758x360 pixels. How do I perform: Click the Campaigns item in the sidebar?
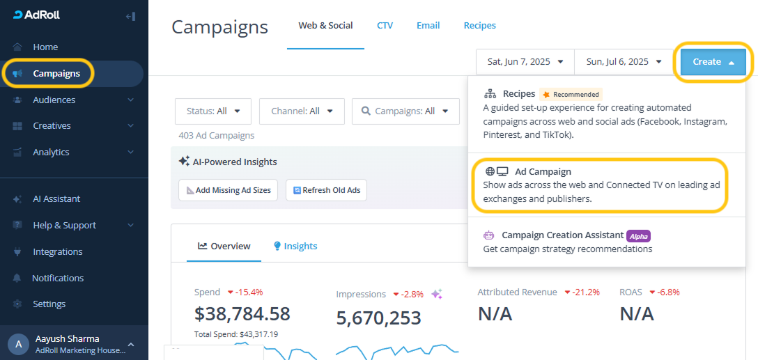click(x=56, y=74)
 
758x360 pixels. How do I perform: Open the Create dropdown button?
click(x=713, y=62)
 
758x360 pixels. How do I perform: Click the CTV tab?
click(x=385, y=26)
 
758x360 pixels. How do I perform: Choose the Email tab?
click(x=428, y=26)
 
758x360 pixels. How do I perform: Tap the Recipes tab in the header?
click(x=479, y=26)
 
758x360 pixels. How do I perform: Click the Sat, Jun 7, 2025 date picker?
click(x=525, y=62)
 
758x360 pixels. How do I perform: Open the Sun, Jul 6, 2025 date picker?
click(x=624, y=62)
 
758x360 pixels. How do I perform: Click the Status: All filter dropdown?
click(x=213, y=111)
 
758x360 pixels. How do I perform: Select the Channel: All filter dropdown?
click(x=302, y=111)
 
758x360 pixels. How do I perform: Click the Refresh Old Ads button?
click(x=326, y=190)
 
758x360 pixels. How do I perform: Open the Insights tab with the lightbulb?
click(x=295, y=246)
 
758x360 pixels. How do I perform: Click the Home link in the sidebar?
click(x=45, y=47)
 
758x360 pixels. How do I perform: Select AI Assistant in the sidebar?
click(x=56, y=199)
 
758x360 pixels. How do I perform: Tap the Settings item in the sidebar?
click(x=49, y=304)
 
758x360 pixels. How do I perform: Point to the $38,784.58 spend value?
click(x=242, y=314)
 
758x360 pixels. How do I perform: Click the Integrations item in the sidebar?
click(x=57, y=252)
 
